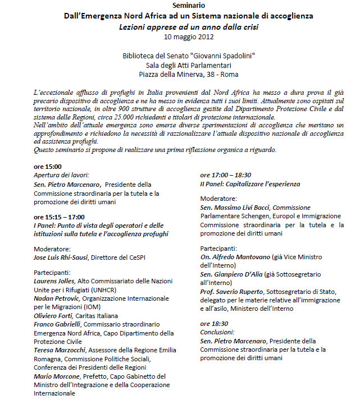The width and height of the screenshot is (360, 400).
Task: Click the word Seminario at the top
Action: click(189, 5)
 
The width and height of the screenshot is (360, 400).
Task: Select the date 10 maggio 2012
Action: click(189, 37)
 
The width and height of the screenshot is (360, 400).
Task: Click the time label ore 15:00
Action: click(48, 167)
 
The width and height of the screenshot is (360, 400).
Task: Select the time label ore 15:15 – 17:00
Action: click(59, 217)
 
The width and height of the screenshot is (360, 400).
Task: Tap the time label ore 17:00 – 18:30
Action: click(226, 175)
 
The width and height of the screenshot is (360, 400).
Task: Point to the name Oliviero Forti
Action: click(54, 316)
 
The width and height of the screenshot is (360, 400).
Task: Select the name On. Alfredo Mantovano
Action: click(235, 257)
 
